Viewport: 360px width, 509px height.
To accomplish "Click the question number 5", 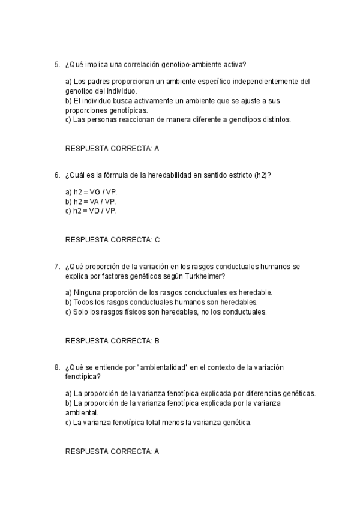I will coord(56,64).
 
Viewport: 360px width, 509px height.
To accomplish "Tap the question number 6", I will coord(56,175).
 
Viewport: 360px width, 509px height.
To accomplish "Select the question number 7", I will coord(56,266).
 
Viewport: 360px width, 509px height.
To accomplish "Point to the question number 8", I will coord(56,367).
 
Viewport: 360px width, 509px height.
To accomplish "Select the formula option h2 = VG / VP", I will coord(91,192).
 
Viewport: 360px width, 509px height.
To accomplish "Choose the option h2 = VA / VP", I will coord(91,202).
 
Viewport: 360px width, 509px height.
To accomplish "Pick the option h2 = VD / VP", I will coord(91,211).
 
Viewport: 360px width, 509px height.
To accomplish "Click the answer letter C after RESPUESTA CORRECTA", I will coord(157,239).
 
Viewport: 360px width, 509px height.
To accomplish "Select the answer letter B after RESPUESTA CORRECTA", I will coord(157,340).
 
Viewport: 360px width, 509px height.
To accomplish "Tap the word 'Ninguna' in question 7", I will coord(86,292).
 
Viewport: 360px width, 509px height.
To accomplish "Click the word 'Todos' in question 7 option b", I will coord(82,302).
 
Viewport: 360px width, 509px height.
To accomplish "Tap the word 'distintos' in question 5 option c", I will coord(274,119).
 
